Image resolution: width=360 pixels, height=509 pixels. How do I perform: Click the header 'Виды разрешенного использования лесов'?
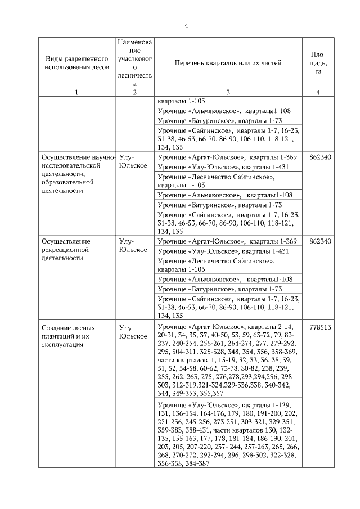76,64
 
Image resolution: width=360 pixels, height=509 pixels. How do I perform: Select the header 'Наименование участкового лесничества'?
134,62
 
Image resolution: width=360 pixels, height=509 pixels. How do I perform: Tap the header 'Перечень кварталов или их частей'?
227,63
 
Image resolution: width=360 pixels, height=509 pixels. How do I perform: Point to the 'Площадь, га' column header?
318,63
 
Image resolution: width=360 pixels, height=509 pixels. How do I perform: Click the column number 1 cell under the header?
76,92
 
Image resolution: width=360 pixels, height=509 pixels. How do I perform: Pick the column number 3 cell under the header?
227,92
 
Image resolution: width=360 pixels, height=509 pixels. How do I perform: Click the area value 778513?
318,327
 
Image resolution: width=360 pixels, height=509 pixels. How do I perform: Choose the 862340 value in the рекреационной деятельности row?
318,241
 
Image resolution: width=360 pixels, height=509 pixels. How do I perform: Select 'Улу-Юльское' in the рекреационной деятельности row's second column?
133,245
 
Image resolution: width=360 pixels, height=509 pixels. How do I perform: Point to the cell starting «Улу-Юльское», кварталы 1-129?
227,433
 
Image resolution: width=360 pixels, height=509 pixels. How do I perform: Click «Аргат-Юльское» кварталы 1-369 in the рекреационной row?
227,241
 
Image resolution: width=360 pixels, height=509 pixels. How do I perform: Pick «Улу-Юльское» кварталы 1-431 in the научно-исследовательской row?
227,167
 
